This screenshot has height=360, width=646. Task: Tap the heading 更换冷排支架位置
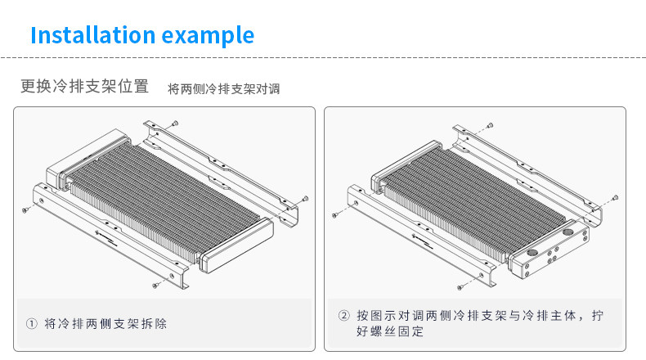85,87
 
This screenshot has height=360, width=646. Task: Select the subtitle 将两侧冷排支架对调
224,88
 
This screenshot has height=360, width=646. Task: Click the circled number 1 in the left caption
32,323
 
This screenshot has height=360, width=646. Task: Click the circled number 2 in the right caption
343,316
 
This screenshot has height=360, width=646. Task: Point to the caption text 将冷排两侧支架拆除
105,323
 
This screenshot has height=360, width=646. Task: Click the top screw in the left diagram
175,123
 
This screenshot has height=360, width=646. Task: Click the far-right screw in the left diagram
304,197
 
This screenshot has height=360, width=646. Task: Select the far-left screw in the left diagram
25,209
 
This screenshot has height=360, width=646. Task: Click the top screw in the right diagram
489,125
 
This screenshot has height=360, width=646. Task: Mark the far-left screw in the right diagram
334,214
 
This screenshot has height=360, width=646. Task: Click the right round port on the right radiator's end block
567,232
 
